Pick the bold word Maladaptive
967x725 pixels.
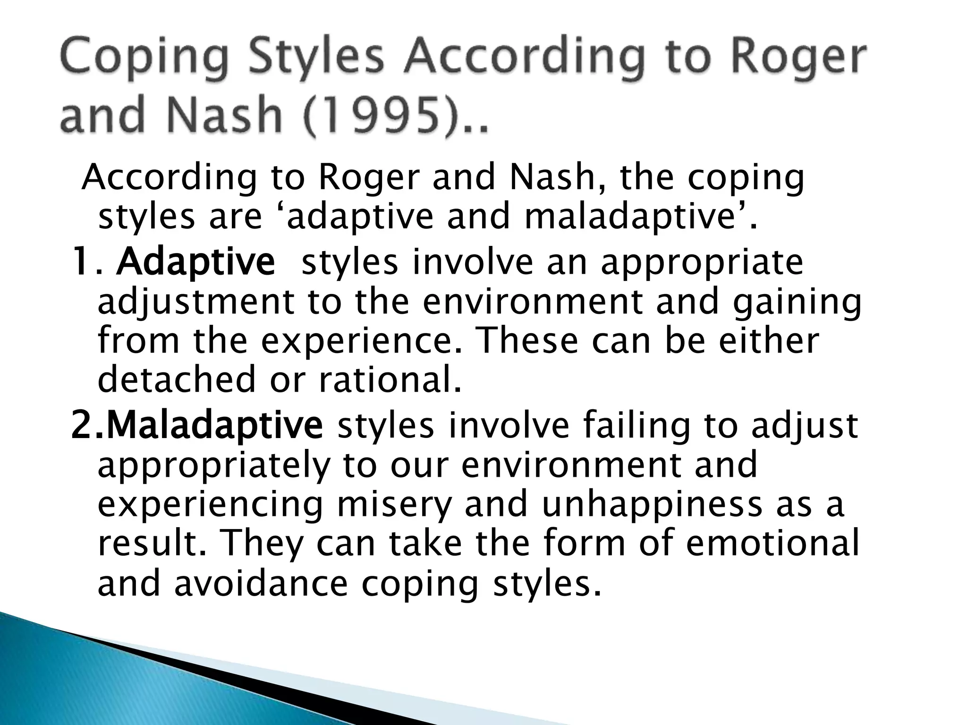tap(215, 425)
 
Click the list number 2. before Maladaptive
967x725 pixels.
tap(87, 425)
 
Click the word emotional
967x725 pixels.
tap(772, 543)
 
